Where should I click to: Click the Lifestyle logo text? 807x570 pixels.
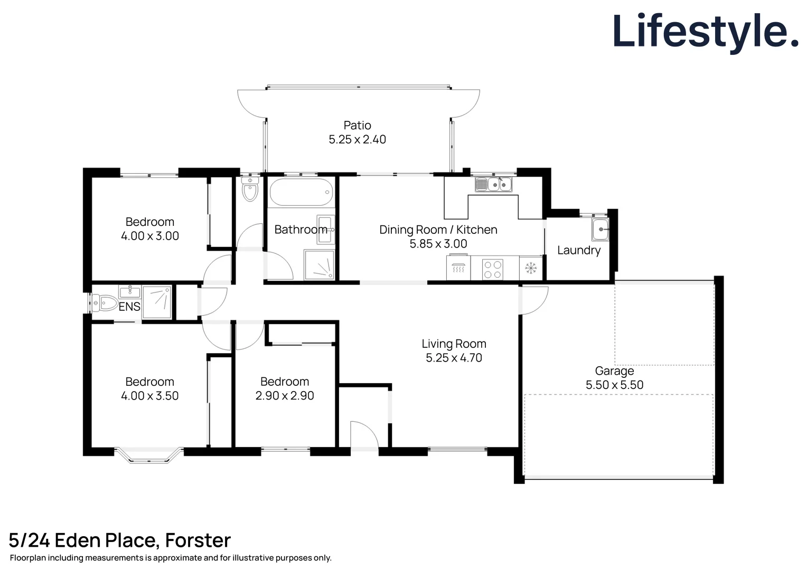(705, 32)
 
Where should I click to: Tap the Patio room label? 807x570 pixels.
(357, 126)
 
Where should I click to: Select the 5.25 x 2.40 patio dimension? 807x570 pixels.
(357, 140)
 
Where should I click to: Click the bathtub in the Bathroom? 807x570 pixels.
(301, 192)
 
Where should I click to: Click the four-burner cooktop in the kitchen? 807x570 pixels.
(492, 269)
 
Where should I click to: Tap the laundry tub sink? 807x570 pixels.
(600, 230)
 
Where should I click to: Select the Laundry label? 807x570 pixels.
(579, 250)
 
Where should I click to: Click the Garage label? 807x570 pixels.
(614, 371)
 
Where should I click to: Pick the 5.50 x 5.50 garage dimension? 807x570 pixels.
(614, 385)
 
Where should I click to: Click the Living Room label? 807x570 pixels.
(454, 344)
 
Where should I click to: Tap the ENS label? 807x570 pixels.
(129, 307)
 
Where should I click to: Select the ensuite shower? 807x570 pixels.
(157, 302)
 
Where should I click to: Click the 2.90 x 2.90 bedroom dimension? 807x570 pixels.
(285, 396)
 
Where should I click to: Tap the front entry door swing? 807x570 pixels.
(363, 436)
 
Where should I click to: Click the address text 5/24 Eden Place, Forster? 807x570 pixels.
(120, 540)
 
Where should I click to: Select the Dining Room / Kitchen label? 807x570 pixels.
(438, 230)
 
